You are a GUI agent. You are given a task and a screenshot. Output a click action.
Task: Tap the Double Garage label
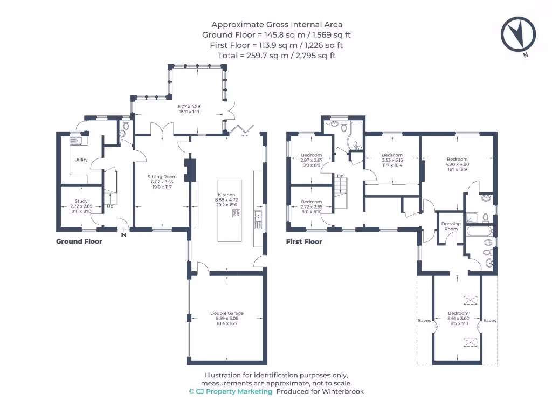[x=227, y=313]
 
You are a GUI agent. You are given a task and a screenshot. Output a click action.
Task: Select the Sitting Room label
[x=162, y=176]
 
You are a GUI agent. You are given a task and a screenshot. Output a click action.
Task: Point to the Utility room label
[x=81, y=160]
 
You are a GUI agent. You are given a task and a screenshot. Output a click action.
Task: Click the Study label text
[x=81, y=201]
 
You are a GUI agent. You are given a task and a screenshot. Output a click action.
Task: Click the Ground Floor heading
[x=79, y=241]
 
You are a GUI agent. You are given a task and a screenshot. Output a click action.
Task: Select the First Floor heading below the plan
[x=304, y=242]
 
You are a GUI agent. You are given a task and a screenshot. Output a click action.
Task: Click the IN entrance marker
[x=123, y=235]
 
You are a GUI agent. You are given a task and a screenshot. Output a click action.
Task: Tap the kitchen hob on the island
[x=236, y=213]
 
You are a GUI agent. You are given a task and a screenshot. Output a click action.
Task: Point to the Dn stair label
[x=340, y=176]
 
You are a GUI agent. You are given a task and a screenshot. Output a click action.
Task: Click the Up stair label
[x=110, y=206]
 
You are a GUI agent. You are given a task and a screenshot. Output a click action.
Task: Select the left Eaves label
[x=424, y=320]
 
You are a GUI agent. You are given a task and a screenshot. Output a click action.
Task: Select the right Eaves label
[x=489, y=320]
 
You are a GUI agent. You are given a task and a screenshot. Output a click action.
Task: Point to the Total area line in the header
[x=277, y=56]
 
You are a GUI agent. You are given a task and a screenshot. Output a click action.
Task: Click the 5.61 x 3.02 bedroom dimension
[x=458, y=319]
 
